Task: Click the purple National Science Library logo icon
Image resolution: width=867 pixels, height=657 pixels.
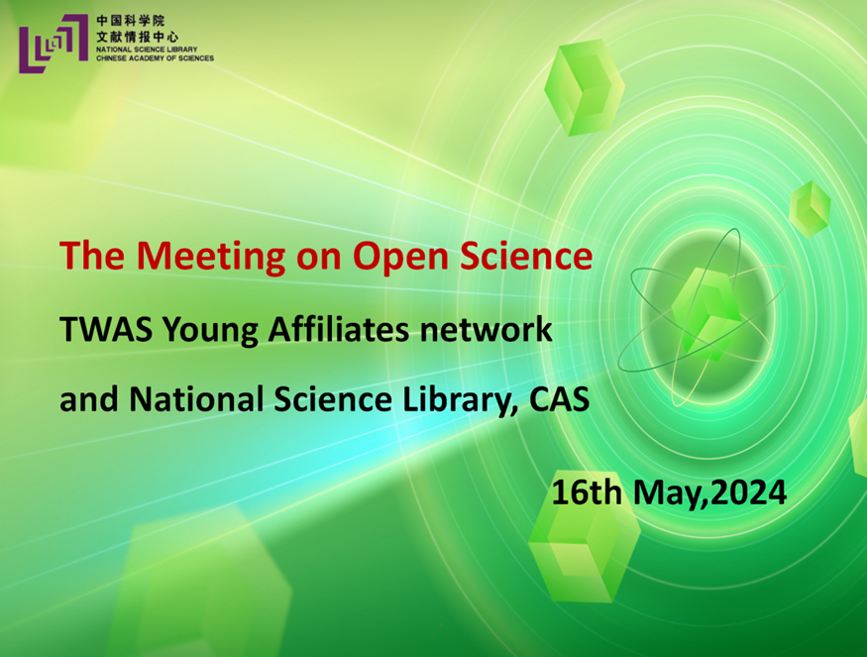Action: (x=54, y=44)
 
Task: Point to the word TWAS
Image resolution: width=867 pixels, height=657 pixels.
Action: (x=106, y=330)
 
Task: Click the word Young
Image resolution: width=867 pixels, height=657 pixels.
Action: (x=210, y=331)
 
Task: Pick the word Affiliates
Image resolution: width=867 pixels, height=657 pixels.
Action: (x=339, y=329)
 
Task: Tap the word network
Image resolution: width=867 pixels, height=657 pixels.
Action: (x=487, y=329)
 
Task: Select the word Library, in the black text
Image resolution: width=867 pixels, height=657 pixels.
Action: (x=461, y=399)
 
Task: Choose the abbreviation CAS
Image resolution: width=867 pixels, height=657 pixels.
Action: (x=559, y=399)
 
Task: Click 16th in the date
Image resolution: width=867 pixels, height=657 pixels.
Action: (x=587, y=492)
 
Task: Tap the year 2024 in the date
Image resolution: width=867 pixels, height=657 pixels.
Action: (x=748, y=493)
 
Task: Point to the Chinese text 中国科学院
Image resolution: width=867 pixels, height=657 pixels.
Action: (x=131, y=21)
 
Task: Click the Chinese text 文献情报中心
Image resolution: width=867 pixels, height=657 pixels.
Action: (x=137, y=37)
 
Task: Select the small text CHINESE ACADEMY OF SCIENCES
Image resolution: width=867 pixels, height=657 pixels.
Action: (x=155, y=58)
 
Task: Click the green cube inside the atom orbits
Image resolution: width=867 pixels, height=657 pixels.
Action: (x=707, y=313)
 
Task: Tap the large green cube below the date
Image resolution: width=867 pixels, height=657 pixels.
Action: (x=585, y=553)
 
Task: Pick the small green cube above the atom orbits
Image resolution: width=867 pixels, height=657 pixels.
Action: (x=810, y=209)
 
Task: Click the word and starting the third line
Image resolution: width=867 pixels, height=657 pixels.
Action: (x=89, y=398)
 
